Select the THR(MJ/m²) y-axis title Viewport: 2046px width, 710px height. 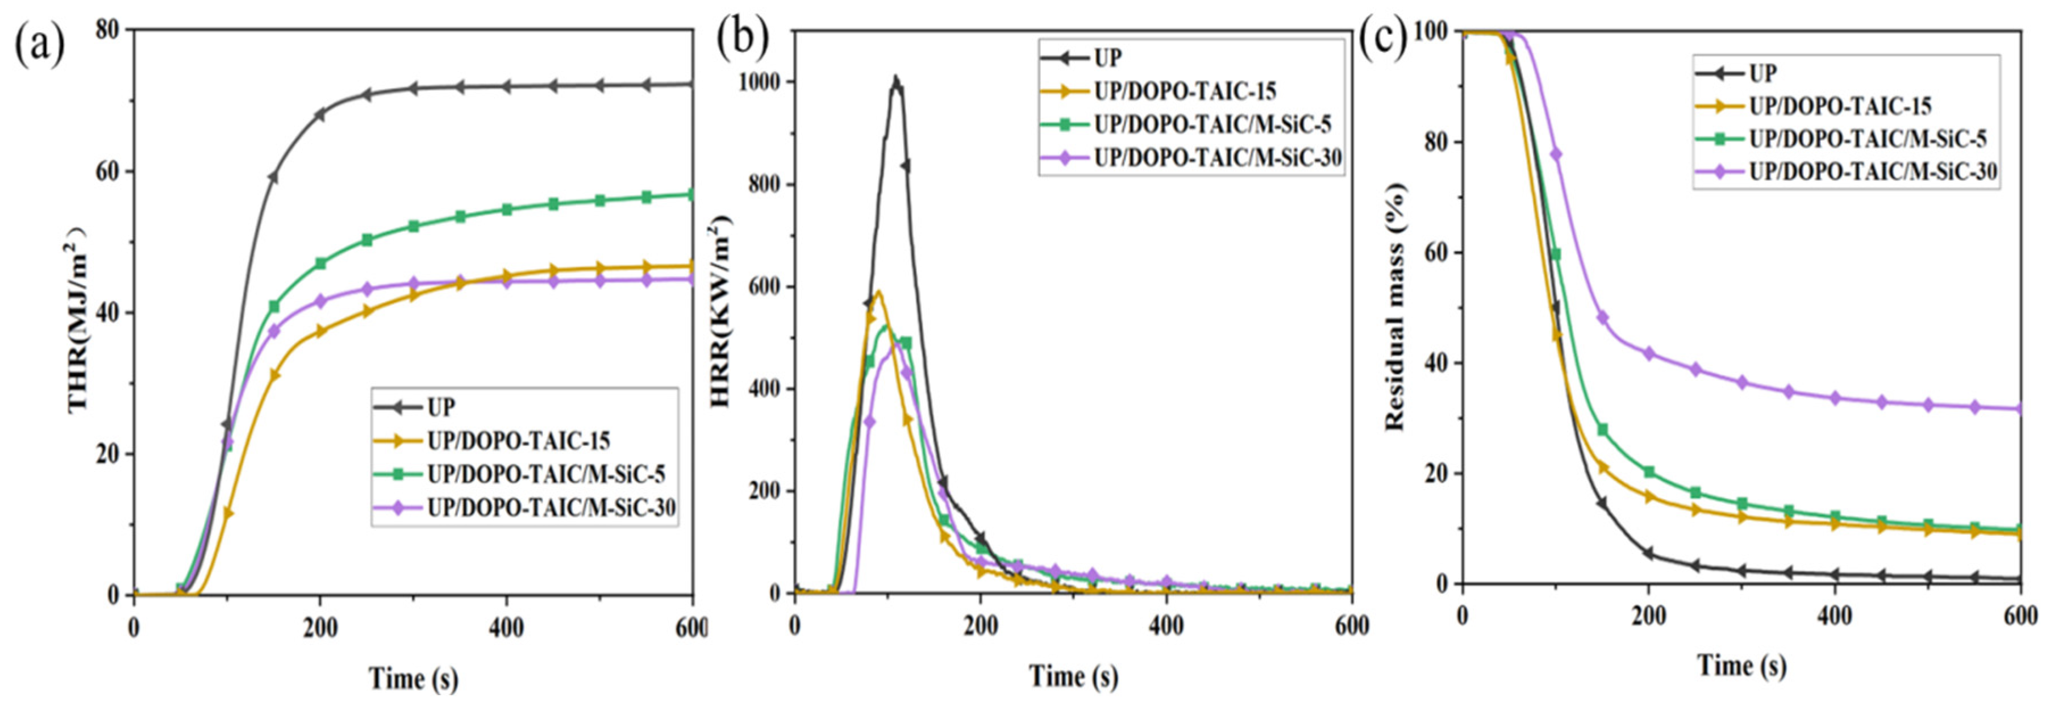click(x=80, y=318)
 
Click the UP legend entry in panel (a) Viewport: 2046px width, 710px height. click(x=441, y=407)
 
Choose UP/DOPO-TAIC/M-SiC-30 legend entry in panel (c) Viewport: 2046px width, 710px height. click(x=1873, y=171)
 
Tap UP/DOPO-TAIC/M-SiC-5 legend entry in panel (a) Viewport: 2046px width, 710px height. click(x=545, y=475)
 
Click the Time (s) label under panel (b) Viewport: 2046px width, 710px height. click(x=1074, y=676)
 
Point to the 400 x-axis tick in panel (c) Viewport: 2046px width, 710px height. click(x=1835, y=616)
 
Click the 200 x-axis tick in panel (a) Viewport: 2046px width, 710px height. click(x=319, y=628)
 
